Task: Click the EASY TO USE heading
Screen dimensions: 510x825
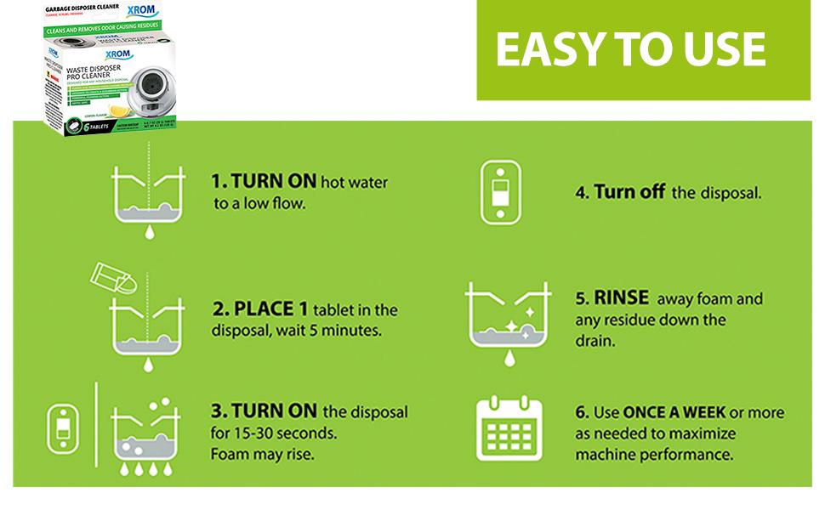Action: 630,50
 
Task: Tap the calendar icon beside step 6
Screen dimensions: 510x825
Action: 509,433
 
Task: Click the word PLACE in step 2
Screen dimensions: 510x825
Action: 270,309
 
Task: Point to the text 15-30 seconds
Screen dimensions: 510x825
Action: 280,433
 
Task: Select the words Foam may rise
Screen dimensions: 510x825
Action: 261,454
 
